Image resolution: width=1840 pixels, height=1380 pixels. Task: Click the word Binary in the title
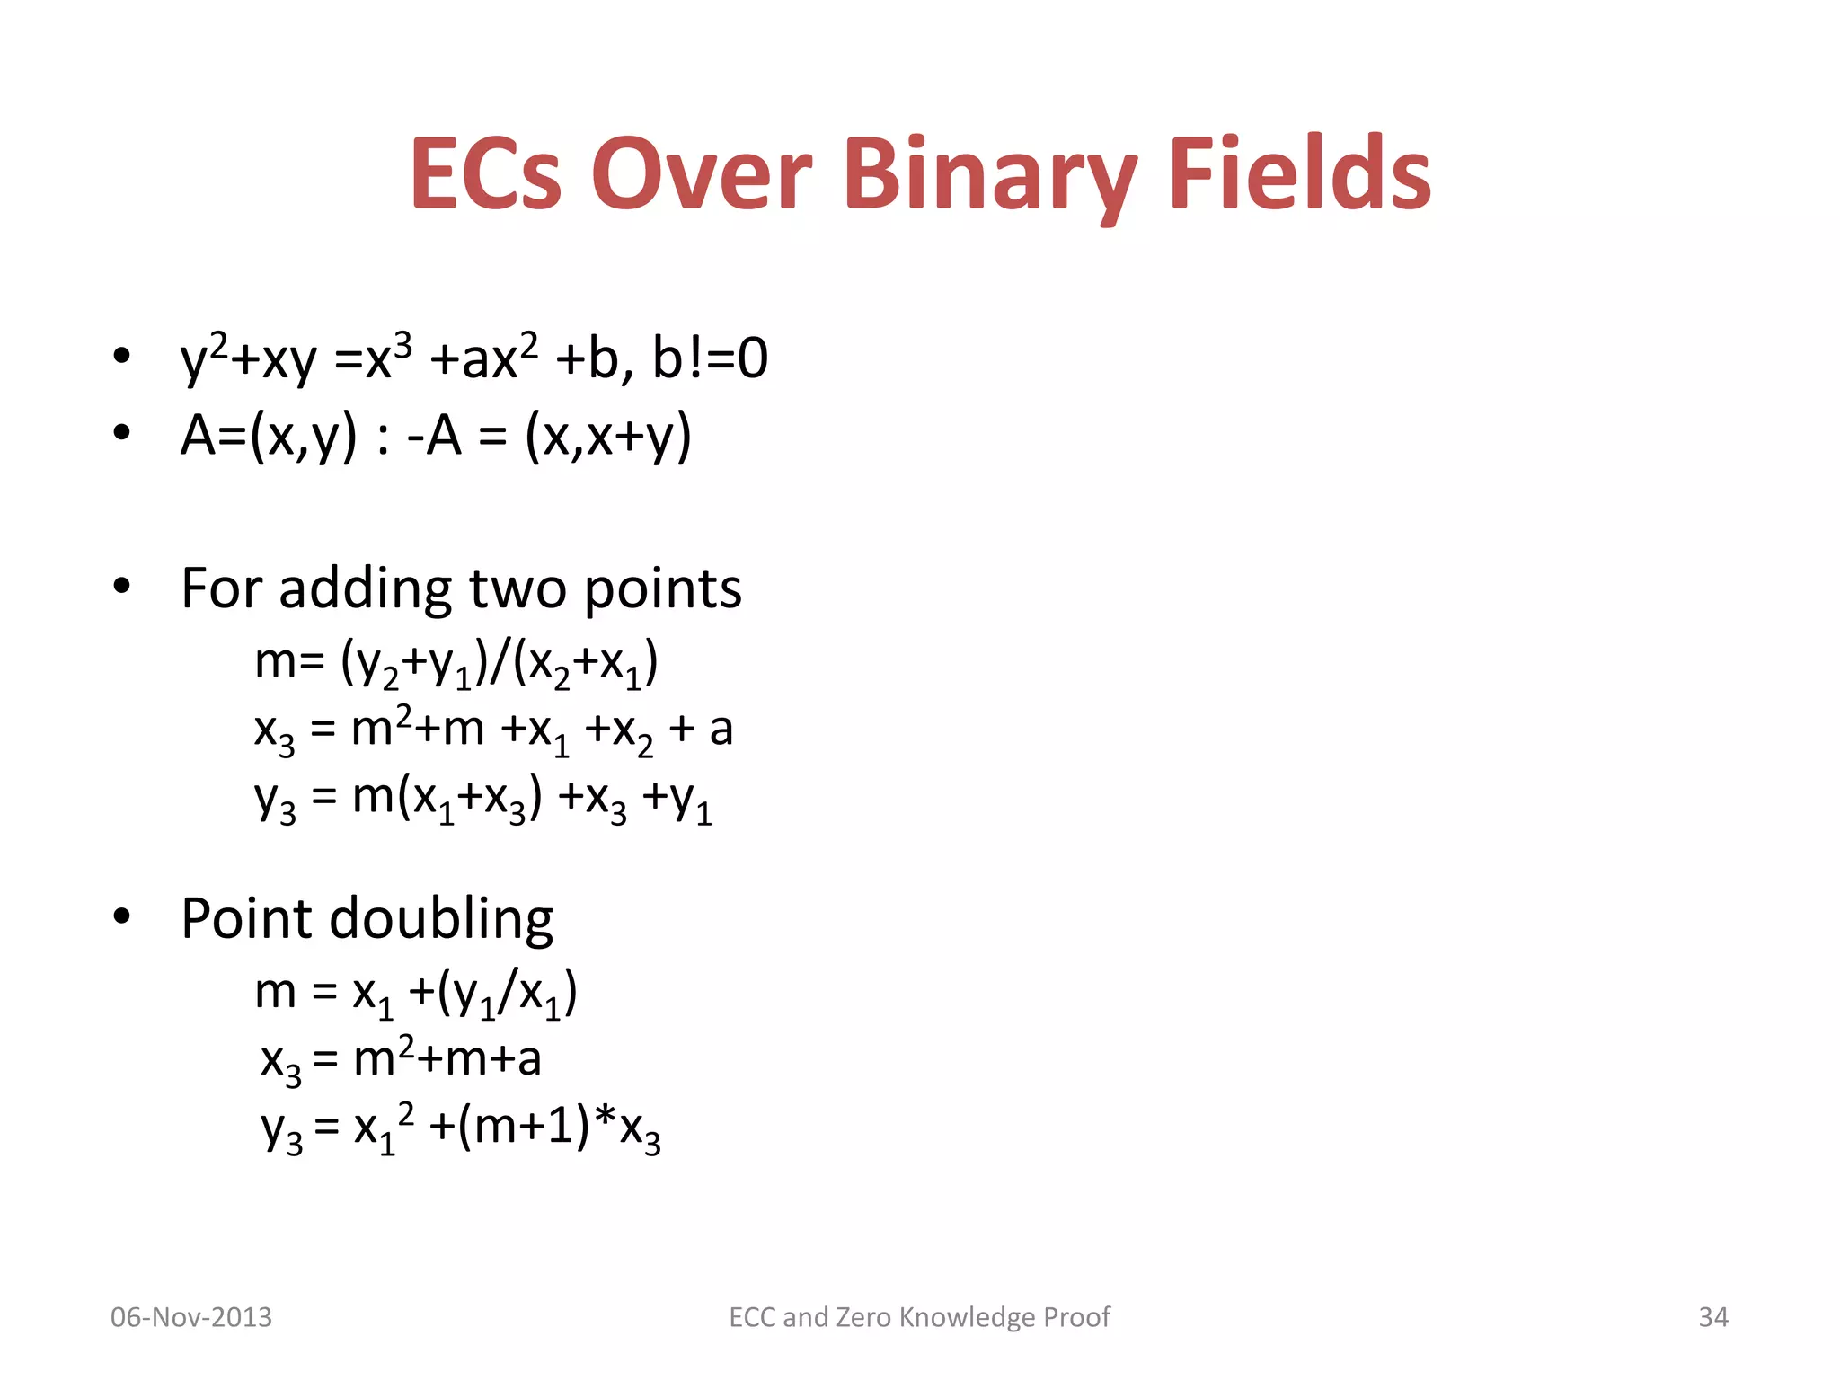(988, 175)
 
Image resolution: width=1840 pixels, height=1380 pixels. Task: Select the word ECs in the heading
(486, 175)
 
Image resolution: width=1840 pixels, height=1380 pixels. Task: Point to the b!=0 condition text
(710, 358)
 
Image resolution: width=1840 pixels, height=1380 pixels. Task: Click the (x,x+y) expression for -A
(608, 438)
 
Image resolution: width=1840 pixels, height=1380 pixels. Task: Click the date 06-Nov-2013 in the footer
(190, 1317)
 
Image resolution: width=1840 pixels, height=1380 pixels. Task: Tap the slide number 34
(1712, 1317)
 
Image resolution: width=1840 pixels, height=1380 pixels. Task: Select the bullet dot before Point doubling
(122, 917)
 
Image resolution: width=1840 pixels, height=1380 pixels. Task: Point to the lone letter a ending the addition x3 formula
(721, 730)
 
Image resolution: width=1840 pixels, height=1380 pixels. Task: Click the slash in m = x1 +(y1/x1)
(508, 994)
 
